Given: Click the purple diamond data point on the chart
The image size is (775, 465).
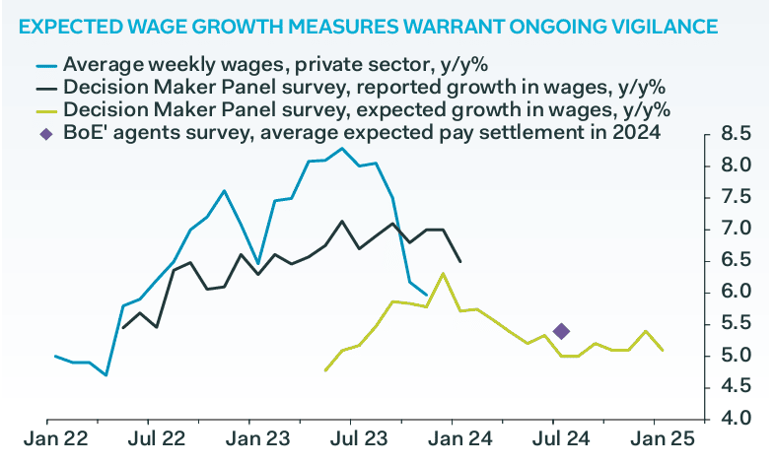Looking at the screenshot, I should point(562,331).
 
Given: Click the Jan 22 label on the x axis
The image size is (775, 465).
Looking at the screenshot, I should point(56,439).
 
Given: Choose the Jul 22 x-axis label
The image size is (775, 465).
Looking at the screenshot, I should point(159,439).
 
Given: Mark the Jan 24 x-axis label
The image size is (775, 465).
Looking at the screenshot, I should point(457,439).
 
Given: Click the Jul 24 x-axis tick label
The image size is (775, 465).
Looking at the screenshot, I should point(555,439).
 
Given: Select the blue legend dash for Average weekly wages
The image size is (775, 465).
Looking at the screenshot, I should point(44,65).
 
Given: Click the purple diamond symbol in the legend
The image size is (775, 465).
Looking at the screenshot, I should point(44,131).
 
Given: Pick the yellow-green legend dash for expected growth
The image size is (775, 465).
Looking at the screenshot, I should point(44,109).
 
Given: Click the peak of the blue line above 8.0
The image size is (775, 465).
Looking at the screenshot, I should point(342,149).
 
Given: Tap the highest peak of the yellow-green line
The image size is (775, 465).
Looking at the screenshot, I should point(444,274).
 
